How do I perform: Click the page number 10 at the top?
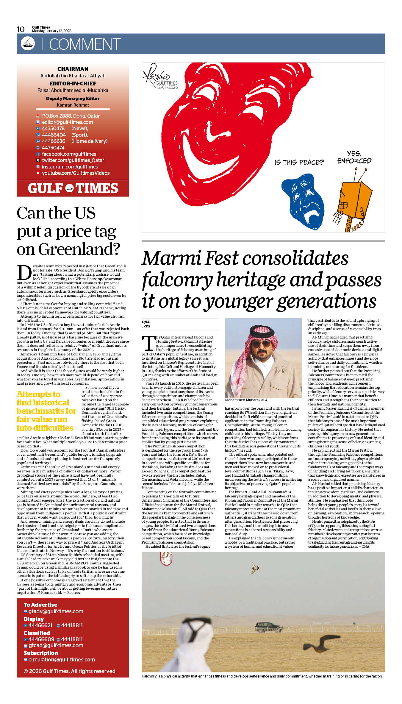[x=21, y=29]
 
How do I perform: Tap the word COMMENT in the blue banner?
[x=85, y=44]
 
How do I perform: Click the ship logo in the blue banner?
[x=28, y=43]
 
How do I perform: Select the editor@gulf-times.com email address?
[x=67, y=122]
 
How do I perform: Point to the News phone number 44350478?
[x=53, y=128]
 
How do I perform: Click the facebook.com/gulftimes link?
[x=69, y=154]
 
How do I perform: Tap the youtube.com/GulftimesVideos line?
[x=76, y=173]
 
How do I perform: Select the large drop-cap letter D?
[x=24, y=273]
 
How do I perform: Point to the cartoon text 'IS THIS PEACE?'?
[x=299, y=162]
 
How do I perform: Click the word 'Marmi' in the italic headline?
[x=171, y=258]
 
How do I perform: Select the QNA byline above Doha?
[x=146, y=322]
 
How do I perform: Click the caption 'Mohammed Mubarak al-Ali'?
[x=247, y=400]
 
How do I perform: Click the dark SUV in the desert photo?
[x=269, y=627]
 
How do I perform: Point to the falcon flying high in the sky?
[x=255, y=567]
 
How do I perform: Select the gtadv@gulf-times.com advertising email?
[x=56, y=611]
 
